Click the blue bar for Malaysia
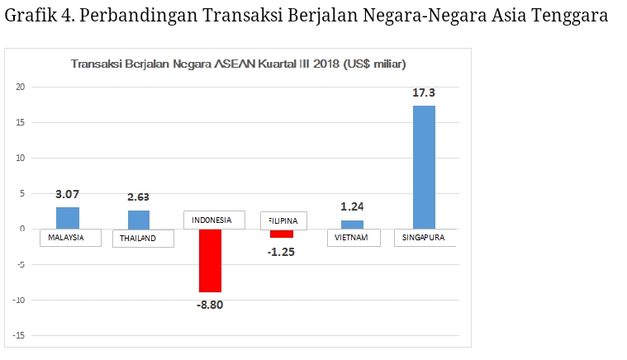[x=68, y=218]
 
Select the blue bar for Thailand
[x=139, y=220]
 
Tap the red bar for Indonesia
[x=210, y=260]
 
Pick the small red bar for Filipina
[x=282, y=233]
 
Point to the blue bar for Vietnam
[x=352, y=225]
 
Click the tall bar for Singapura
[x=424, y=167]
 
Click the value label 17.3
[x=424, y=93]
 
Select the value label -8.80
[x=210, y=305]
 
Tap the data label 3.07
[x=68, y=195]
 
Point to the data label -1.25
[x=282, y=251]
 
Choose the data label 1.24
[x=353, y=207]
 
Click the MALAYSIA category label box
[x=70, y=238]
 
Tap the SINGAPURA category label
[x=425, y=238]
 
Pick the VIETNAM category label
[x=353, y=238]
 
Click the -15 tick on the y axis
[x=19, y=335]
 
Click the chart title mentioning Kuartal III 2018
[x=238, y=64]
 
